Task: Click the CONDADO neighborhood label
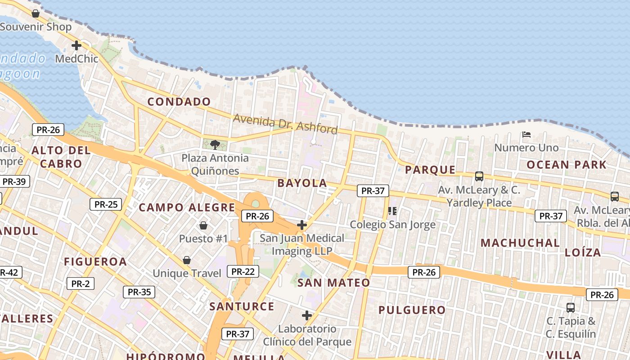point(179,102)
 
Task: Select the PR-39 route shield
point(14,181)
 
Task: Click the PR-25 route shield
point(106,204)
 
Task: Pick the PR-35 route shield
point(139,292)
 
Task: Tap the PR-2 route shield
point(80,283)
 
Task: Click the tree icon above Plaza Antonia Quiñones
point(215,144)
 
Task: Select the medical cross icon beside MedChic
point(76,45)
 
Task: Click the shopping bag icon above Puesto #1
point(203,225)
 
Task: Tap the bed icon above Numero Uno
point(526,134)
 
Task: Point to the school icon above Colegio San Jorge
point(392,211)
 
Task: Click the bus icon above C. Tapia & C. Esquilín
point(571,308)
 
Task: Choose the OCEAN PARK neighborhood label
point(567,165)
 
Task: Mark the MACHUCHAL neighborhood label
point(520,243)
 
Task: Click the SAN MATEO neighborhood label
point(333,283)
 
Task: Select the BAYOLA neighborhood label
point(302,183)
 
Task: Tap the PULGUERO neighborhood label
point(412,310)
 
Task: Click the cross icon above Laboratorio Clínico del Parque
point(307,315)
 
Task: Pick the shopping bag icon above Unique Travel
point(187,260)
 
